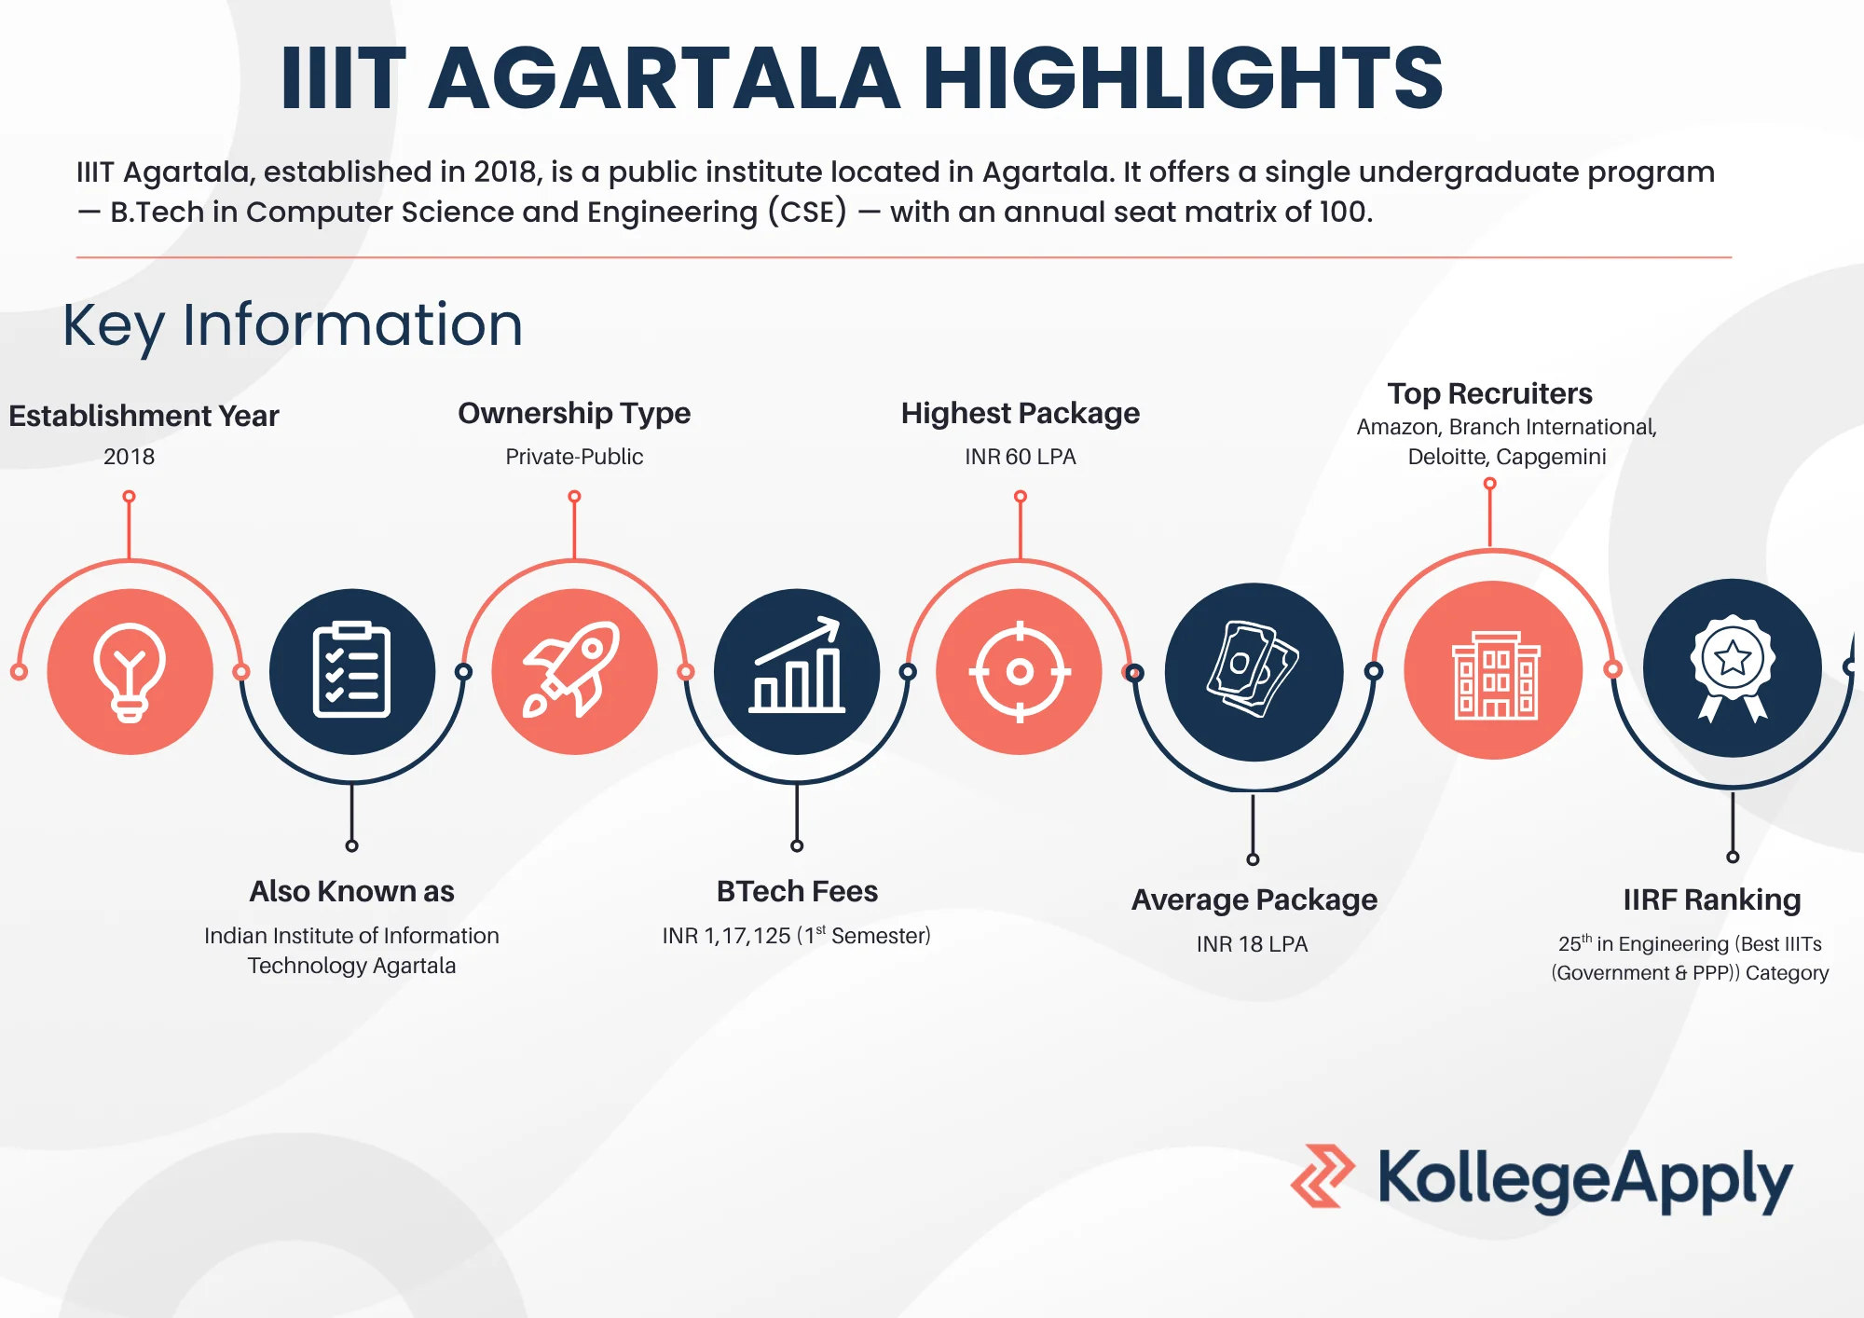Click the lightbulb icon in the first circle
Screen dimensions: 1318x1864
pos(130,672)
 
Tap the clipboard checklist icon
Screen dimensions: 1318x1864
pos(351,670)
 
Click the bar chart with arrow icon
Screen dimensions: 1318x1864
pos(797,666)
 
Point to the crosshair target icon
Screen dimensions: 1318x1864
pos(1020,671)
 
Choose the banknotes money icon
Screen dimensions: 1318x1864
pos(1254,670)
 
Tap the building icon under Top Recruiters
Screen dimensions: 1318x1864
pos(1494,674)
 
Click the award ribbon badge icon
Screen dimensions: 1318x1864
pos(1733,666)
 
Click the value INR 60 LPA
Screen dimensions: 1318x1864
pos(1020,457)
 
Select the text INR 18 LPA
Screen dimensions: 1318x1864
pos(1252,944)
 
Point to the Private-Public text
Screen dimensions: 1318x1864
pos(574,457)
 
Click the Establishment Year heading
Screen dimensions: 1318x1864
pos(144,416)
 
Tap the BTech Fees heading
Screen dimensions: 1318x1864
pos(797,891)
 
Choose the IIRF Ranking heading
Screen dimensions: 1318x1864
pos(1711,899)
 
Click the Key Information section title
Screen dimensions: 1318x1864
pos(293,325)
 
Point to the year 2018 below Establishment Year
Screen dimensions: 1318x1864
pos(129,457)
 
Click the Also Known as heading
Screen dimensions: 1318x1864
pos(351,891)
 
